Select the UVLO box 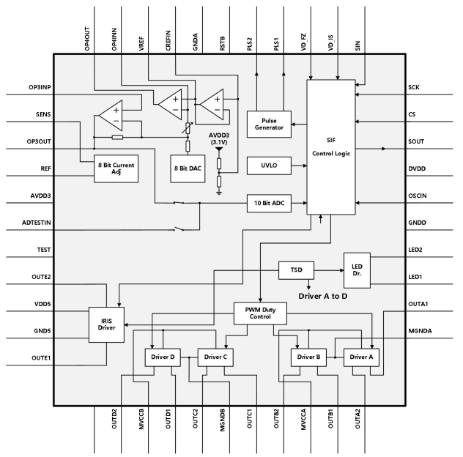[x=269, y=166]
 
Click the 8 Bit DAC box [x=188, y=168]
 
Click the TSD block [x=296, y=270]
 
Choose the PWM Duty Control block [x=259, y=314]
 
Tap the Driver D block [x=161, y=357]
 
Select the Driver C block [x=215, y=357]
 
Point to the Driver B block [x=308, y=357]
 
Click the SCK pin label [x=414, y=88]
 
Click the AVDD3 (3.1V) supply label [x=218, y=138]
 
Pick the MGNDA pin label [x=420, y=330]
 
